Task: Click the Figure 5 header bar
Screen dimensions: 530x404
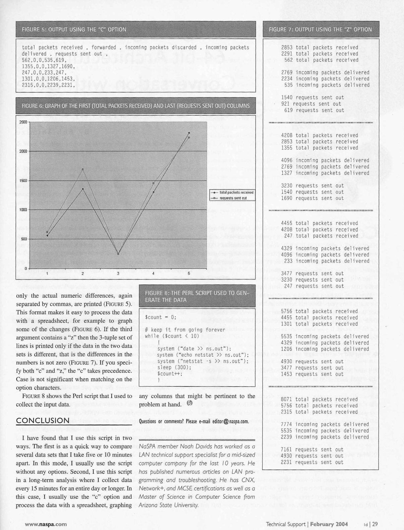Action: click(136, 29)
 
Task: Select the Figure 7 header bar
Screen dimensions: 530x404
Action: click(321, 29)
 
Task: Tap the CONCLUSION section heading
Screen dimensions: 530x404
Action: click(43, 421)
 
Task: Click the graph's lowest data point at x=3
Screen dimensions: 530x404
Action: click(118, 254)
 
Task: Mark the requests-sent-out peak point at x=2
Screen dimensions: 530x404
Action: click(83, 169)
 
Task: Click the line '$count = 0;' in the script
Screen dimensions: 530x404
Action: click(161, 317)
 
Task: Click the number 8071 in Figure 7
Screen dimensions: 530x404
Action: click(287, 399)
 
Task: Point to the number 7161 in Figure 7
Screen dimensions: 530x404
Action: click(287, 450)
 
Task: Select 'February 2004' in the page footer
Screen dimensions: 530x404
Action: click(329, 524)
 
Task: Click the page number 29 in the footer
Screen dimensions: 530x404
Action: click(375, 524)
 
